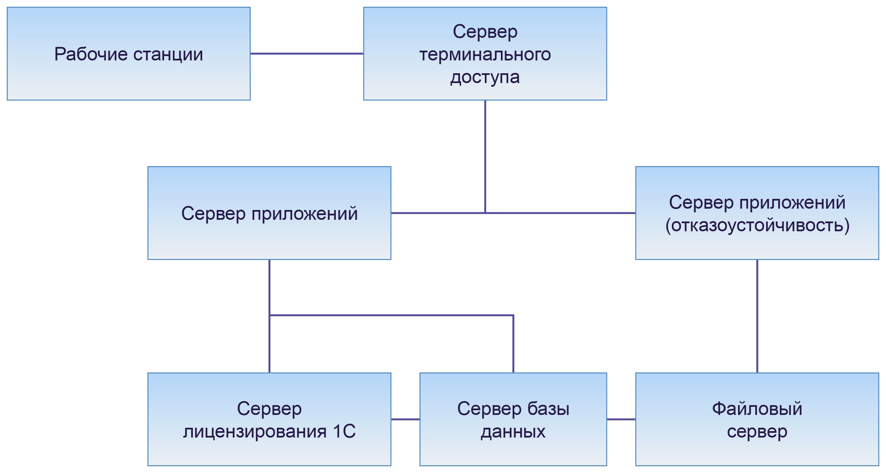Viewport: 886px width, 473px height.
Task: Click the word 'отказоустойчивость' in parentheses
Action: [x=757, y=226]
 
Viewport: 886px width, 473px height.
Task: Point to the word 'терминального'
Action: [x=485, y=54]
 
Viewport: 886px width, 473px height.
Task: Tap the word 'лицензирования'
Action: [x=255, y=431]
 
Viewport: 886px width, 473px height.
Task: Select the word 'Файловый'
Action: [x=757, y=409]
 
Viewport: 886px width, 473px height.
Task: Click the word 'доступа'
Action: [x=485, y=77]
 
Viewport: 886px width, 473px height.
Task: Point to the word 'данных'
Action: [x=513, y=431]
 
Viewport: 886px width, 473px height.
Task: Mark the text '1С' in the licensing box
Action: [x=344, y=431]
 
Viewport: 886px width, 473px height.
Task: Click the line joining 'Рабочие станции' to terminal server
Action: [x=306, y=54]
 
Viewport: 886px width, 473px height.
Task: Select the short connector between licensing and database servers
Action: [x=405, y=419]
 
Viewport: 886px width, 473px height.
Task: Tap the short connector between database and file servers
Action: [x=621, y=419]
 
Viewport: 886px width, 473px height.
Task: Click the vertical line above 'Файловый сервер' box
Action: [x=757, y=316]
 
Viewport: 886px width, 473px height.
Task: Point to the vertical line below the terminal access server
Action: [x=485, y=155]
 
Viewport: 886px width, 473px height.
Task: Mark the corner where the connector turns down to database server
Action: [x=513, y=315]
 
